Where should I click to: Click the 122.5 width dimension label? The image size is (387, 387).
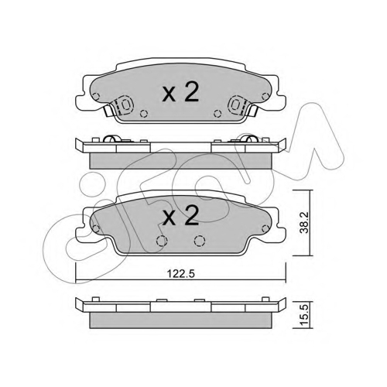tap(180, 273)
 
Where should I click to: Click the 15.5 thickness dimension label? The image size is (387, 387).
tap(304, 314)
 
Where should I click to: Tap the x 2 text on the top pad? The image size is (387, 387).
tap(180, 92)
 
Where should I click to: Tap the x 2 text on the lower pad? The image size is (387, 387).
tap(180, 216)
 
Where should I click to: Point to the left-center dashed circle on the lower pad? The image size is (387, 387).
tap(162, 241)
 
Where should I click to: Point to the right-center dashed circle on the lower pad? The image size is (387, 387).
tap(200, 241)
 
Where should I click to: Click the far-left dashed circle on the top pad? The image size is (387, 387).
tap(96, 97)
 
